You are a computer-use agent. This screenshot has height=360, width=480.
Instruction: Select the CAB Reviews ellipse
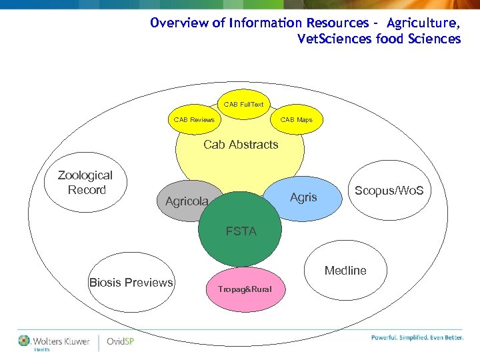click(194, 120)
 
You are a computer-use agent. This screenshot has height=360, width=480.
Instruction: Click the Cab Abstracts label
click(240, 145)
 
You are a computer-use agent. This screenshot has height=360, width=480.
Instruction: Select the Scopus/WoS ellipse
click(393, 191)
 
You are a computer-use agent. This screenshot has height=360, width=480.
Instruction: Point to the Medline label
click(345, 271)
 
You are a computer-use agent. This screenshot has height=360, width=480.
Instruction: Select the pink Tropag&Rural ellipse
click(245, 289)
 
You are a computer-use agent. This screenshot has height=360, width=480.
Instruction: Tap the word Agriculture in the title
click(423, 23)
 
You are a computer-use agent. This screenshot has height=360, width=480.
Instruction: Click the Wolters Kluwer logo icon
click(25, 341)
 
